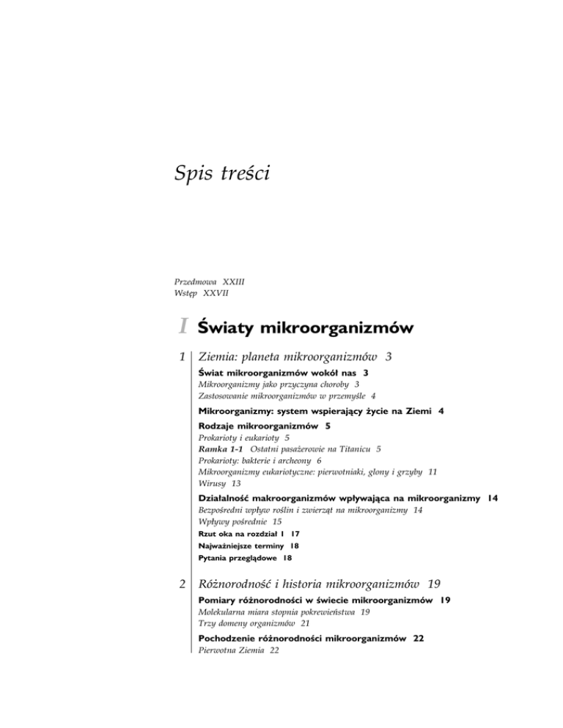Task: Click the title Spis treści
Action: click(x=224, y=174)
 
